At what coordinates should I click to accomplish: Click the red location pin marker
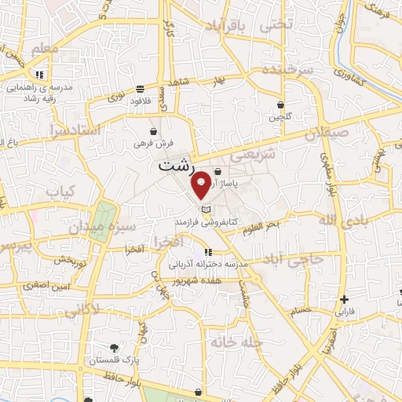pyautogui.click(x=201, y=183)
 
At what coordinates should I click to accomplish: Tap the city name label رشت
pyautogui.click(x=174, y=166)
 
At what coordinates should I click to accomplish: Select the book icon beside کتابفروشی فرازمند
pyautogui.click(x=206, y=210)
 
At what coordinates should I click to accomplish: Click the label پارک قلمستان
pyautogui.click(x=108, y=359)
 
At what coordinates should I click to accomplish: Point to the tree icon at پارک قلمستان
pyautogui.click(x=115, y=346)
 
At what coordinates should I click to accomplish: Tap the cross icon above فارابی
pyautogui.click(x=344, y=299)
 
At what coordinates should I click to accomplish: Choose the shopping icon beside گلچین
pyautogui.click(x=281, y=104)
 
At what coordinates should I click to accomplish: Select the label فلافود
pyautogui.click(x=140, y=100)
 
